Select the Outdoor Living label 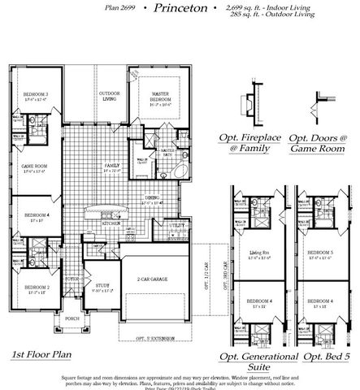(110, 97)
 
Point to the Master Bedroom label (158, 97)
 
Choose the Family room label (110, 167)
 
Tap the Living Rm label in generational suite (258, 253)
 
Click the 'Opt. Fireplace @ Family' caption (250, 144)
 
